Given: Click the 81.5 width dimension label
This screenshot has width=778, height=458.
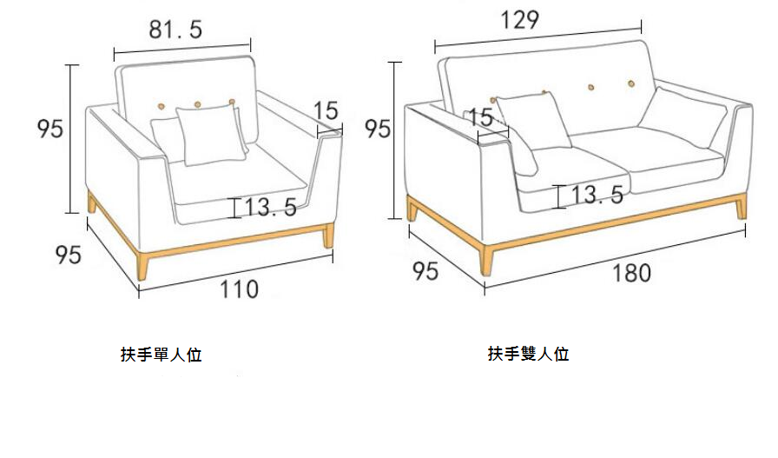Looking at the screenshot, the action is [175, 30].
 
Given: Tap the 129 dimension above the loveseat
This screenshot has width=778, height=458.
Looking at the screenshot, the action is [519, 20].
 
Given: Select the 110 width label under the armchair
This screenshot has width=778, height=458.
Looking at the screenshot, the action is [239, 289].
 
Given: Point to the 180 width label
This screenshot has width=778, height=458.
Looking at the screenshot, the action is [631, 273].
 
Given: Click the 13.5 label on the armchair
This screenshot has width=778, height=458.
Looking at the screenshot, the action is [271, 207].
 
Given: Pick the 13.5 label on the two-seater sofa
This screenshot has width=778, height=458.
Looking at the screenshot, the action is [597, 195].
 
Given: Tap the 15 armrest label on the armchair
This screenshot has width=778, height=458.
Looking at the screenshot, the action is [326, 110].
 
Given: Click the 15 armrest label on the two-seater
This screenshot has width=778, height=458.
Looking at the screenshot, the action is [481, 117].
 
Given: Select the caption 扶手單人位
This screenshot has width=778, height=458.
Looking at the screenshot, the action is [162, 355].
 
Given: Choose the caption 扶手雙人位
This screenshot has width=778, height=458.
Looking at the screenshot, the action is [529, 354].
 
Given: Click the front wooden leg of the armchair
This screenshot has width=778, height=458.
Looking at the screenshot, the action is [142, 266].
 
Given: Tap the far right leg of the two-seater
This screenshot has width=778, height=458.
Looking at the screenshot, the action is [741, 207].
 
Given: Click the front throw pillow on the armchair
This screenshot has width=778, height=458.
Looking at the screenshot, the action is [212, 134].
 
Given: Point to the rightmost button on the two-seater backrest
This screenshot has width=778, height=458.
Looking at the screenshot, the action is [631, 84].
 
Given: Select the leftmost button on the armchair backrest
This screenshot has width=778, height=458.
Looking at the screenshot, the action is [161, 106].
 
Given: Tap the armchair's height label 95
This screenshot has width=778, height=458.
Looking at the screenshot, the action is [50, 129].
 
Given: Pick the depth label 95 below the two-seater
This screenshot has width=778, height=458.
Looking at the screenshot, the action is [425, 271].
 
